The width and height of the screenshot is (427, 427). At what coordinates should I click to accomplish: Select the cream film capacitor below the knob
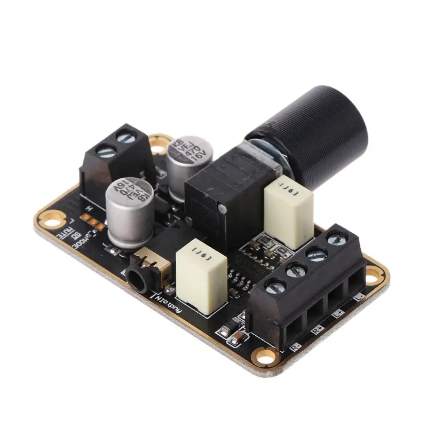(288, 203)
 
